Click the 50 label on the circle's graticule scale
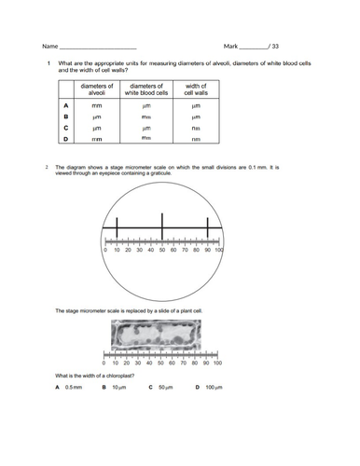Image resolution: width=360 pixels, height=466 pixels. click(x=161, y=251)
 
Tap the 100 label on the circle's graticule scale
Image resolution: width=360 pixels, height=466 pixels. click(x=219, y=251)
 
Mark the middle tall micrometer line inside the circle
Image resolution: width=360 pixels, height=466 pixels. click(x=161, y=226)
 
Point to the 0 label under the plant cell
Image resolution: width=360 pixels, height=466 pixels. click(x=104, y=363)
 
